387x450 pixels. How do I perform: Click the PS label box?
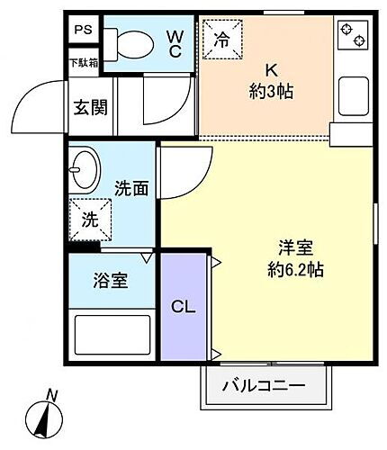click(x=84, y=31)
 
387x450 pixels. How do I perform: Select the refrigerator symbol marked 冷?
click(x=221, y=40)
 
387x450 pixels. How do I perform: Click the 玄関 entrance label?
click(x=90, y=108)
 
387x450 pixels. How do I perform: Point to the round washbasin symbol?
click(x=85, y=171)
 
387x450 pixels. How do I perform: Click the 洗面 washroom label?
click(x=131, y=188)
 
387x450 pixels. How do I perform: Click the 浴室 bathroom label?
click(x=111, y=279)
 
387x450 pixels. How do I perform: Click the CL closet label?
click(x=184, y=306)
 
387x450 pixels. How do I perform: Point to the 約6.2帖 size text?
click(x=297, y=269)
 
